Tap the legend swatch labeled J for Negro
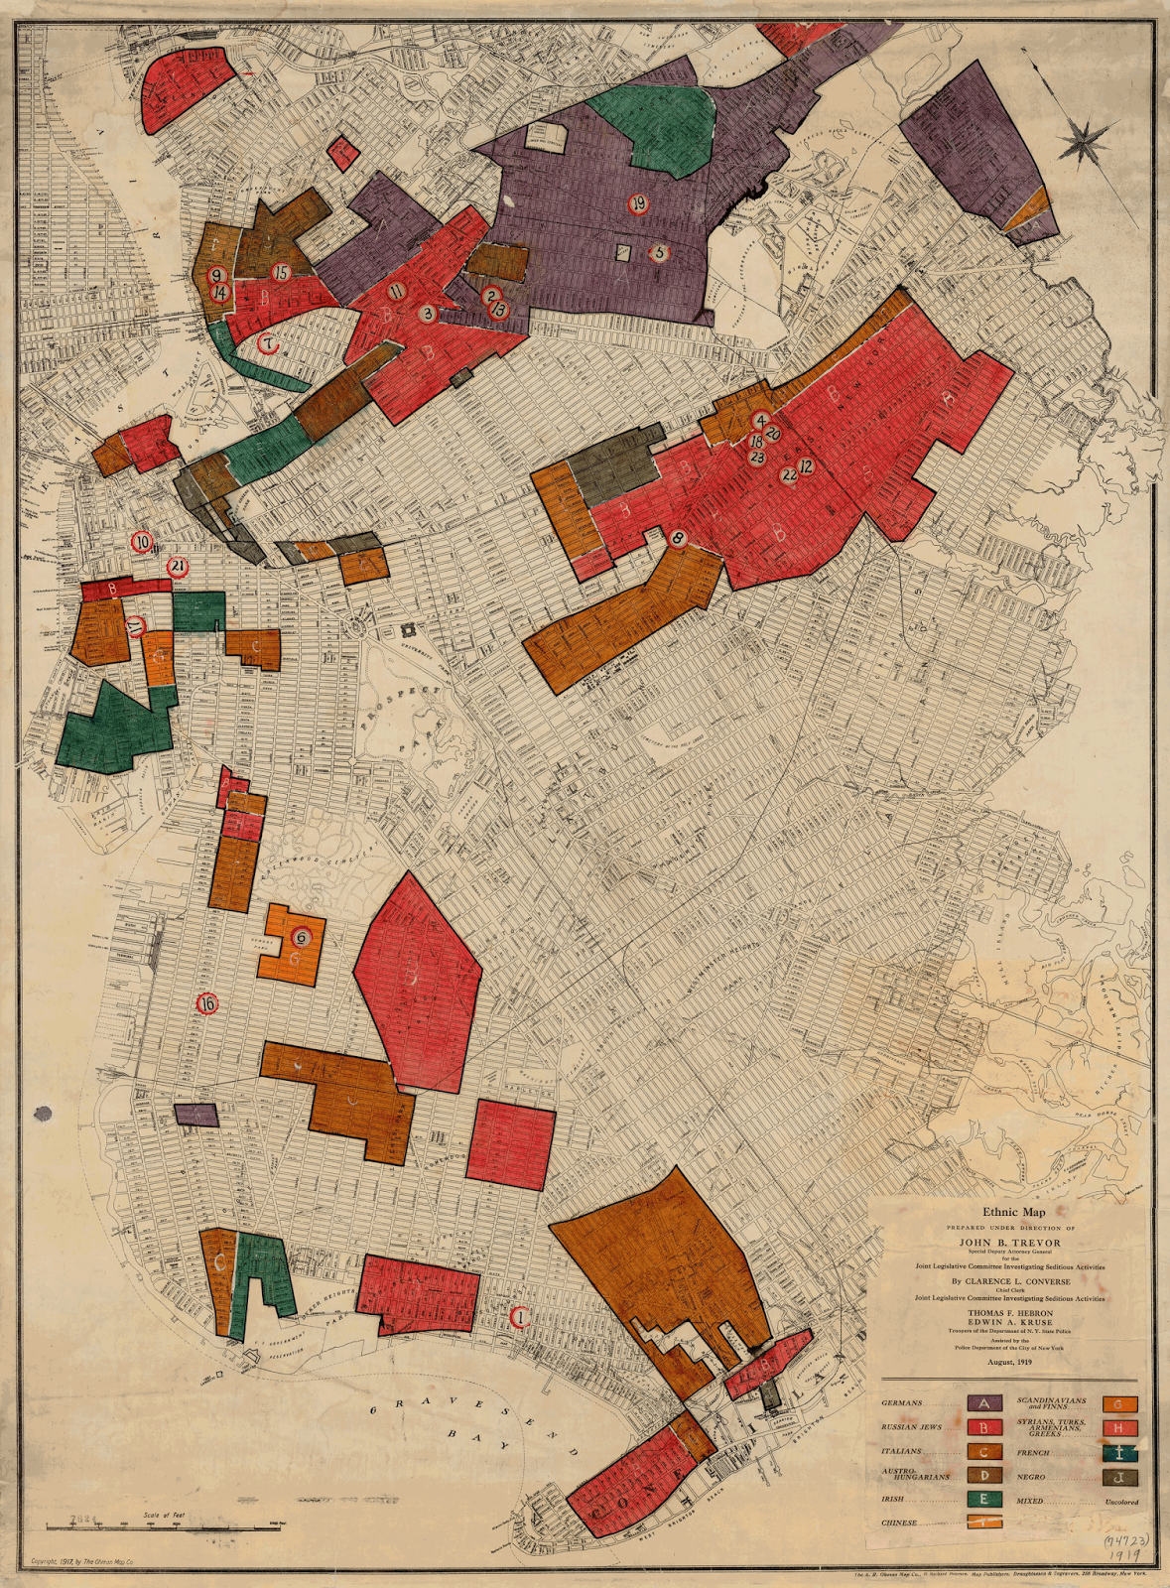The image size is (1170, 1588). [1118, 1476]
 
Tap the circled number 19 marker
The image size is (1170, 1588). [638, 203]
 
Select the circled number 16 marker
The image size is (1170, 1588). [206, 1003]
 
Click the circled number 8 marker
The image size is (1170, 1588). [679, 540]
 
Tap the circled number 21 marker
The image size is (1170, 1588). [178, 567]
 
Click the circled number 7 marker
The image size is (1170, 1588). [267, 344]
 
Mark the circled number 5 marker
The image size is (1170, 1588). [659, 252]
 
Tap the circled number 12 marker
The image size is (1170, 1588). [806, 465]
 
